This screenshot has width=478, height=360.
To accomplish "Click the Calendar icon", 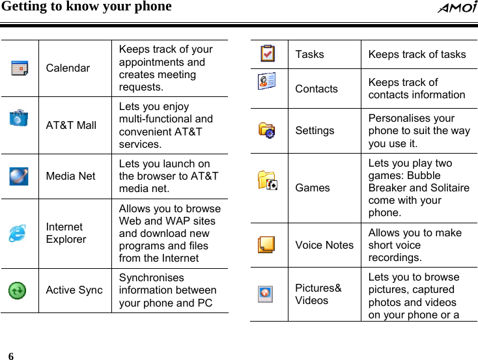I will pyautogui.click(x=19, y=67).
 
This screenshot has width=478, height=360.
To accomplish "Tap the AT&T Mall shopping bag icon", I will pyautogui.click(x=18, y=117).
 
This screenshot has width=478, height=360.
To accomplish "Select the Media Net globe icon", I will pyautogui.click(x=18, y=175).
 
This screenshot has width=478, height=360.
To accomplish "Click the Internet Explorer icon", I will pyautogui.click(x=18, y=233).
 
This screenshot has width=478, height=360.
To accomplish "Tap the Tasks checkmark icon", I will pyautogui.click(x=266, y=53).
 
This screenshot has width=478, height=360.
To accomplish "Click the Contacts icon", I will pyautogui.click(x=266, y=80).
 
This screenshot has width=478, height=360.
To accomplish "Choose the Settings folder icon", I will pyautogui.click(x=266, y=130).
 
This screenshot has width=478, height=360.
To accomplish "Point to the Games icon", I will pyautogui.click(x=267, y=180).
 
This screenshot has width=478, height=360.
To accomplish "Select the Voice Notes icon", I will pyautogui.click(x=266, y=244).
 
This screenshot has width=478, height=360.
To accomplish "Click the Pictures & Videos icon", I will pyautogui.click(x=266, y=294).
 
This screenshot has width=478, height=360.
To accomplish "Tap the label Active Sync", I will pyautogui.click(x=74, y=290).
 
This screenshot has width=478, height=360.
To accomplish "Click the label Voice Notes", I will pyautogui.click(x=324, y=245).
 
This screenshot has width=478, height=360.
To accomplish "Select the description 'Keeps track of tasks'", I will pyautogui.click(x=417, y=54).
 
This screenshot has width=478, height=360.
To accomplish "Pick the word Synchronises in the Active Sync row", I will pyautogui.click(x=151, y=277).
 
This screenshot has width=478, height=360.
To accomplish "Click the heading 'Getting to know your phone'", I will pyautogui.click(x=87, y=7).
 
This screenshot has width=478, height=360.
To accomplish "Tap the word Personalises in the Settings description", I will pyautogui.click(x=402, y=118).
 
